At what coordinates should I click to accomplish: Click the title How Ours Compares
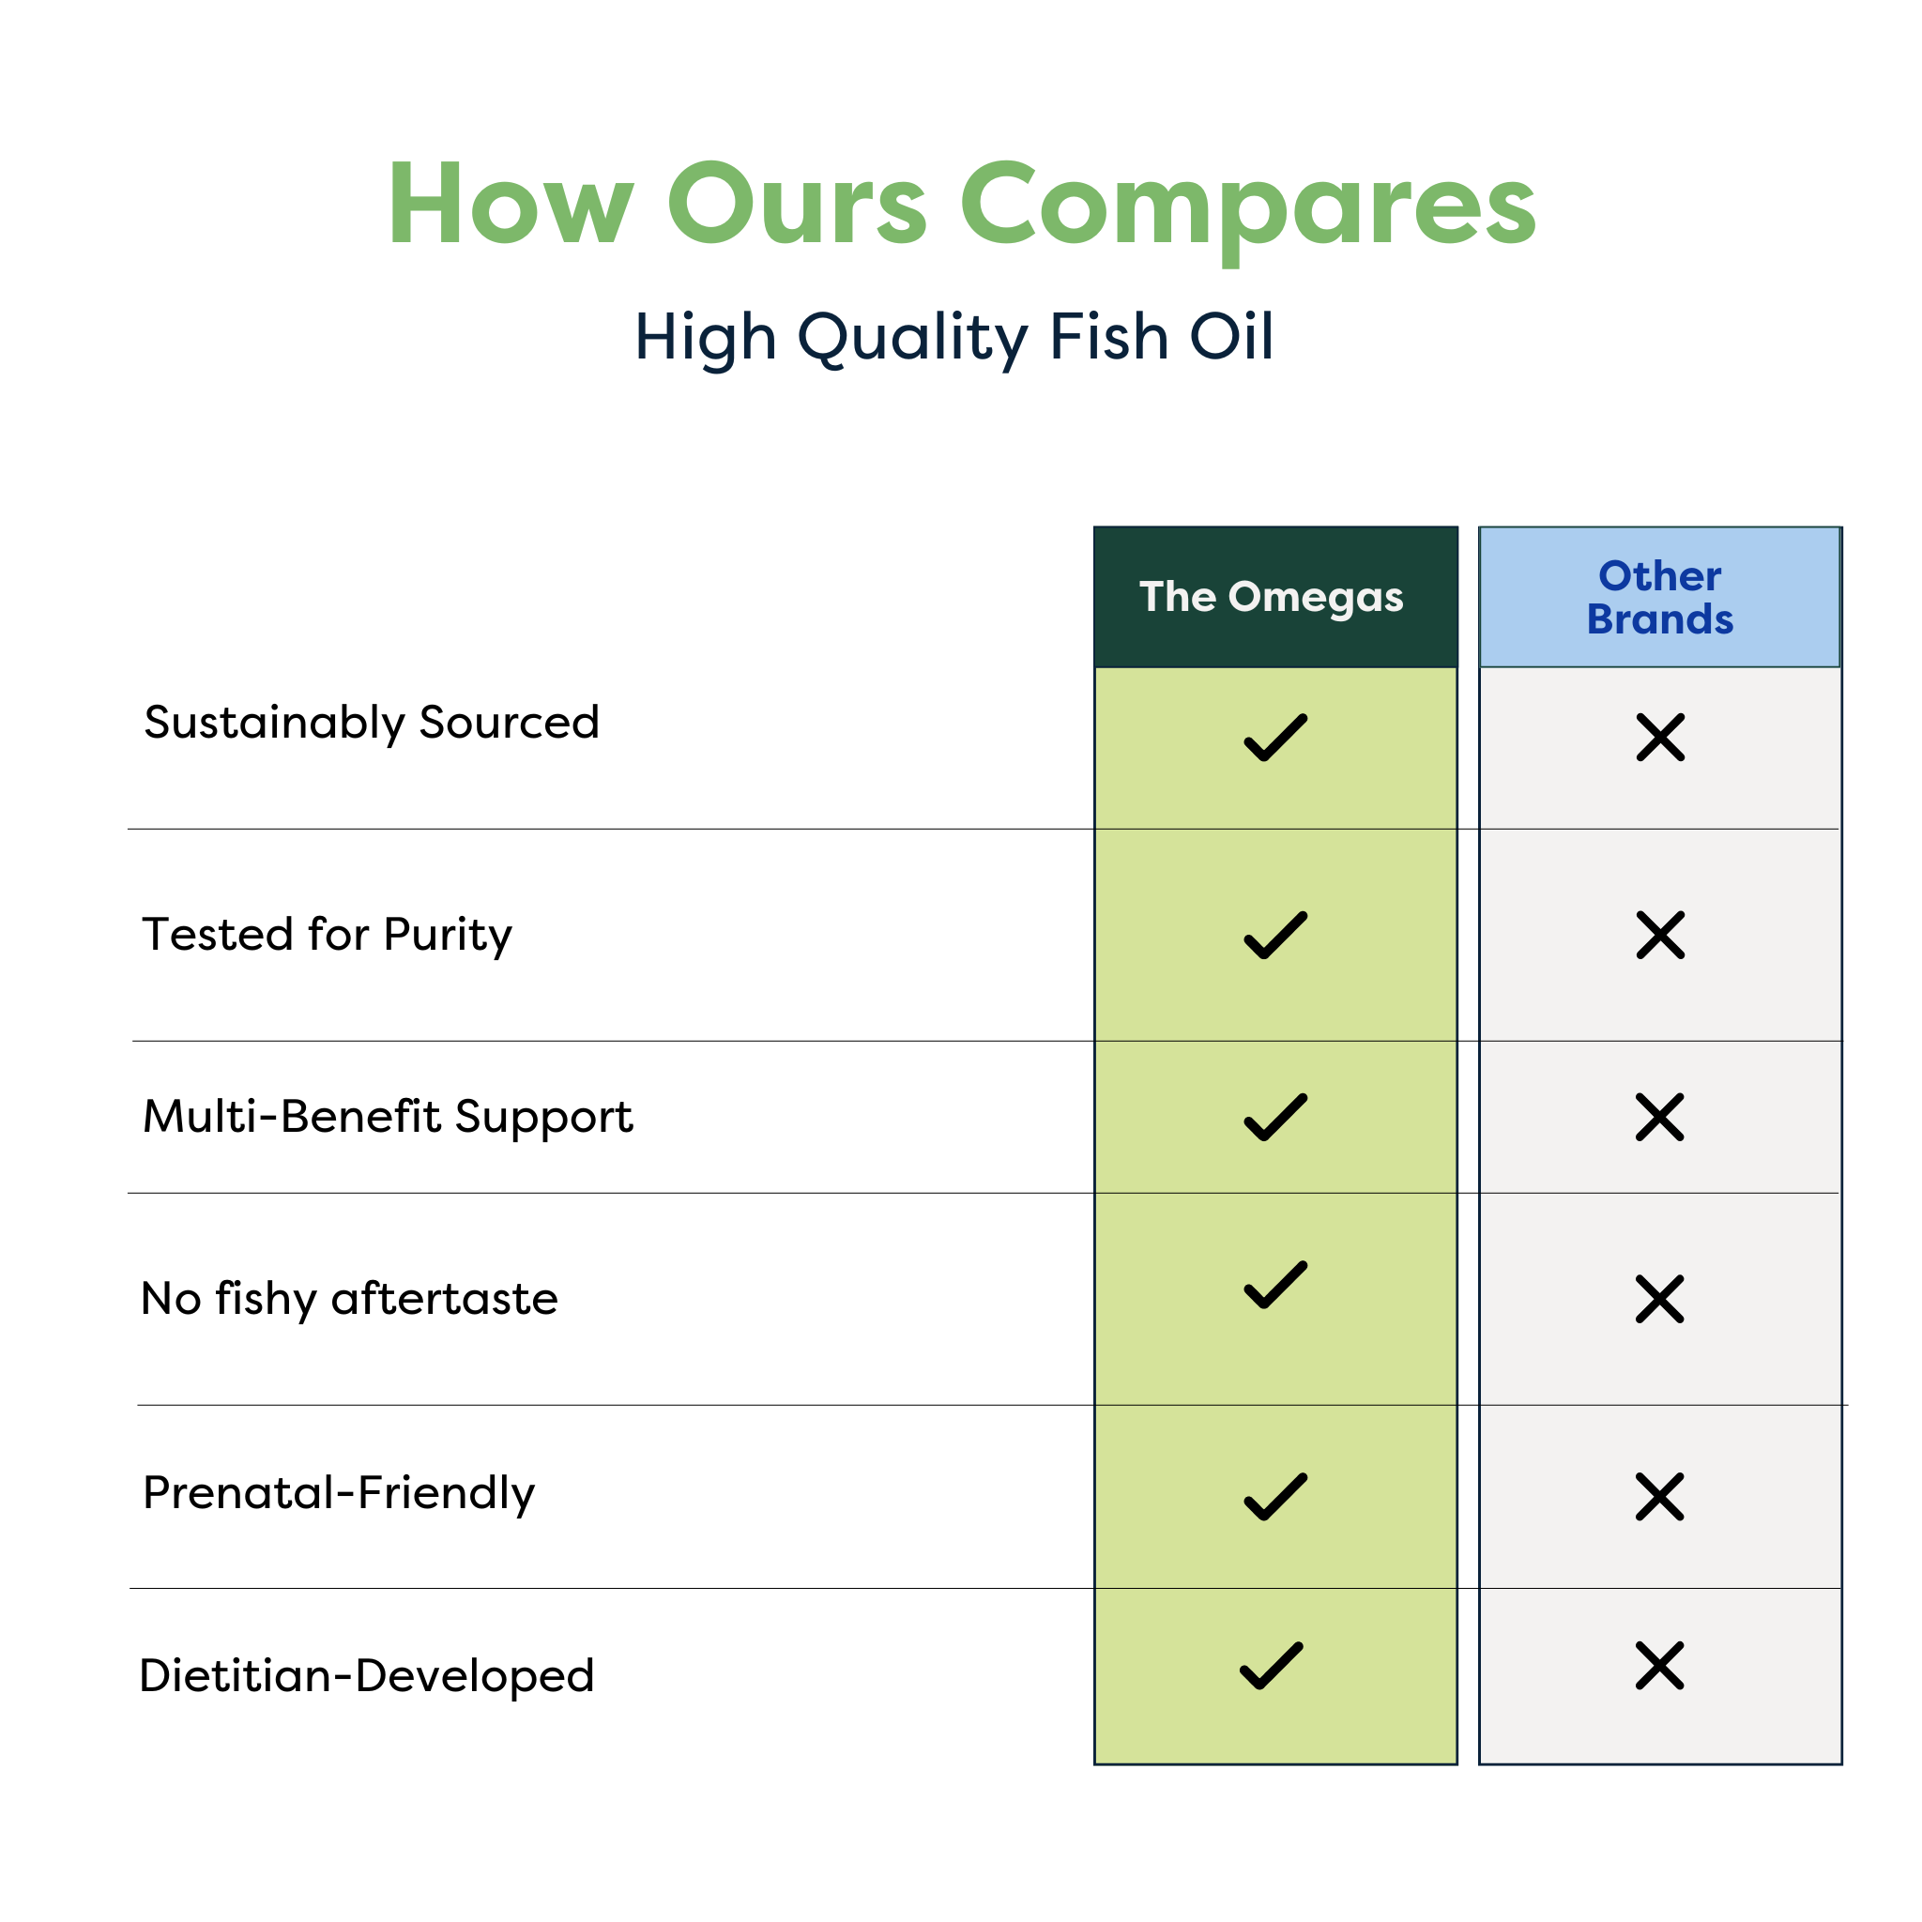pos(961,206)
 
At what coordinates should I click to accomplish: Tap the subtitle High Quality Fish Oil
pos(954,338)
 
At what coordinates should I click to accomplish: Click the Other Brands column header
pos(1660,598)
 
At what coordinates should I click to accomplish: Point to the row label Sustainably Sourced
pos(372,724)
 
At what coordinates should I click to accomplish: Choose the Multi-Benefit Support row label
pos(388,1117)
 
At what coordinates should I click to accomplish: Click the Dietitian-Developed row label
pos(367,1676)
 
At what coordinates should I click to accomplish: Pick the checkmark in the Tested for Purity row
pos(1275,935)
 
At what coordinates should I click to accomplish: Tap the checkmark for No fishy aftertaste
pos(1275,1286)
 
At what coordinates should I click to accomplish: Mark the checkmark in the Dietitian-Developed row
pos(1272,1666)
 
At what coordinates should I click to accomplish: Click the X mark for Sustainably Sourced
pos(1660,737)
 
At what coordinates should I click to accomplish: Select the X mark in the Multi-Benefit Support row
pos(1660,1117)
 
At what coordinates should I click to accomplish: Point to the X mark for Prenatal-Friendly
pos(1660,1497)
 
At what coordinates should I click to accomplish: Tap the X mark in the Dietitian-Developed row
pos(1660,1666)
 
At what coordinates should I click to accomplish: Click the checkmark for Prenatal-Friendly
pos(1275,1497)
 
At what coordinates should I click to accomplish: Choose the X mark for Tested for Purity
pos(1660,935)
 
